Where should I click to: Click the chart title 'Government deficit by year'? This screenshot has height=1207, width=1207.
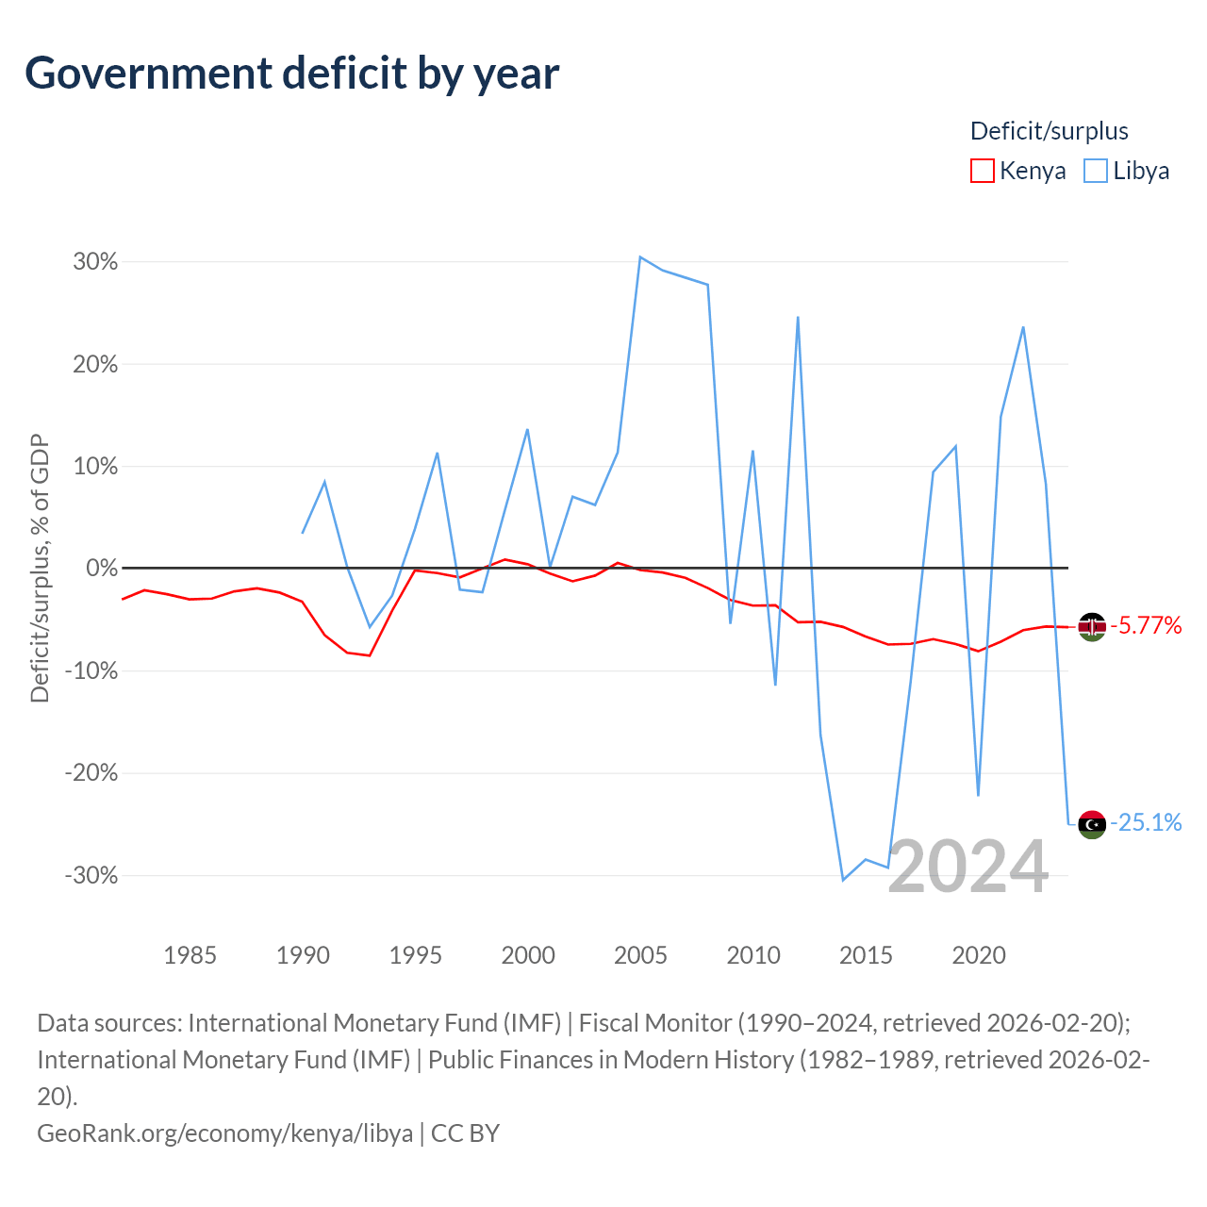point(292,74)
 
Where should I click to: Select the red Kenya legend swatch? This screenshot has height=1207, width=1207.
point(983,171)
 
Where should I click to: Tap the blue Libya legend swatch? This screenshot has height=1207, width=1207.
point(1096,171)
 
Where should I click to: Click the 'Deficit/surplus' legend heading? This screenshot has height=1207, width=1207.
point(1049,131)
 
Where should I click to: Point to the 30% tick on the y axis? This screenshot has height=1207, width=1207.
point(95,261)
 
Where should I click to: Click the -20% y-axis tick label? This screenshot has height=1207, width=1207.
point(91,773)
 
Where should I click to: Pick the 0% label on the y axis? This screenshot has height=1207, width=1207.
point(102,569)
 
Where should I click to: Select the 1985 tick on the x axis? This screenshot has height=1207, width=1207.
point(190,955)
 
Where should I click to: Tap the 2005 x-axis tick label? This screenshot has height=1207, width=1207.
point(640,955)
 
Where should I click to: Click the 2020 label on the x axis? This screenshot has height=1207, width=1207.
point(979,955)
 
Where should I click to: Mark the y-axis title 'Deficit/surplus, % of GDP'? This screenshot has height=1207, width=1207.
point(40,568)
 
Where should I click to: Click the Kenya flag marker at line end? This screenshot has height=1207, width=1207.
point(1092,627)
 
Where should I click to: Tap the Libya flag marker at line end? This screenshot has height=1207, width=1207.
point(1092,824)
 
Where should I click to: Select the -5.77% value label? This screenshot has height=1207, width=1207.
point(1146,626)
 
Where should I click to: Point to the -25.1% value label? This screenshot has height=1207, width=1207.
point(1146,823)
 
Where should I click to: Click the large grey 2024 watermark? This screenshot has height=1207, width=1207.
point(968,867)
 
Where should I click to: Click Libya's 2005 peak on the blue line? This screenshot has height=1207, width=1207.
point(640,256)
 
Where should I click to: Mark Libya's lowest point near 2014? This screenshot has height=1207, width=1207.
point(843,880)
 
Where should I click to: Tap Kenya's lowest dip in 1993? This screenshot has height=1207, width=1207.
point(370,655)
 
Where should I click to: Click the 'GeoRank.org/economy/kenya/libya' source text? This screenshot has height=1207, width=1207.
point(224,1133)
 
